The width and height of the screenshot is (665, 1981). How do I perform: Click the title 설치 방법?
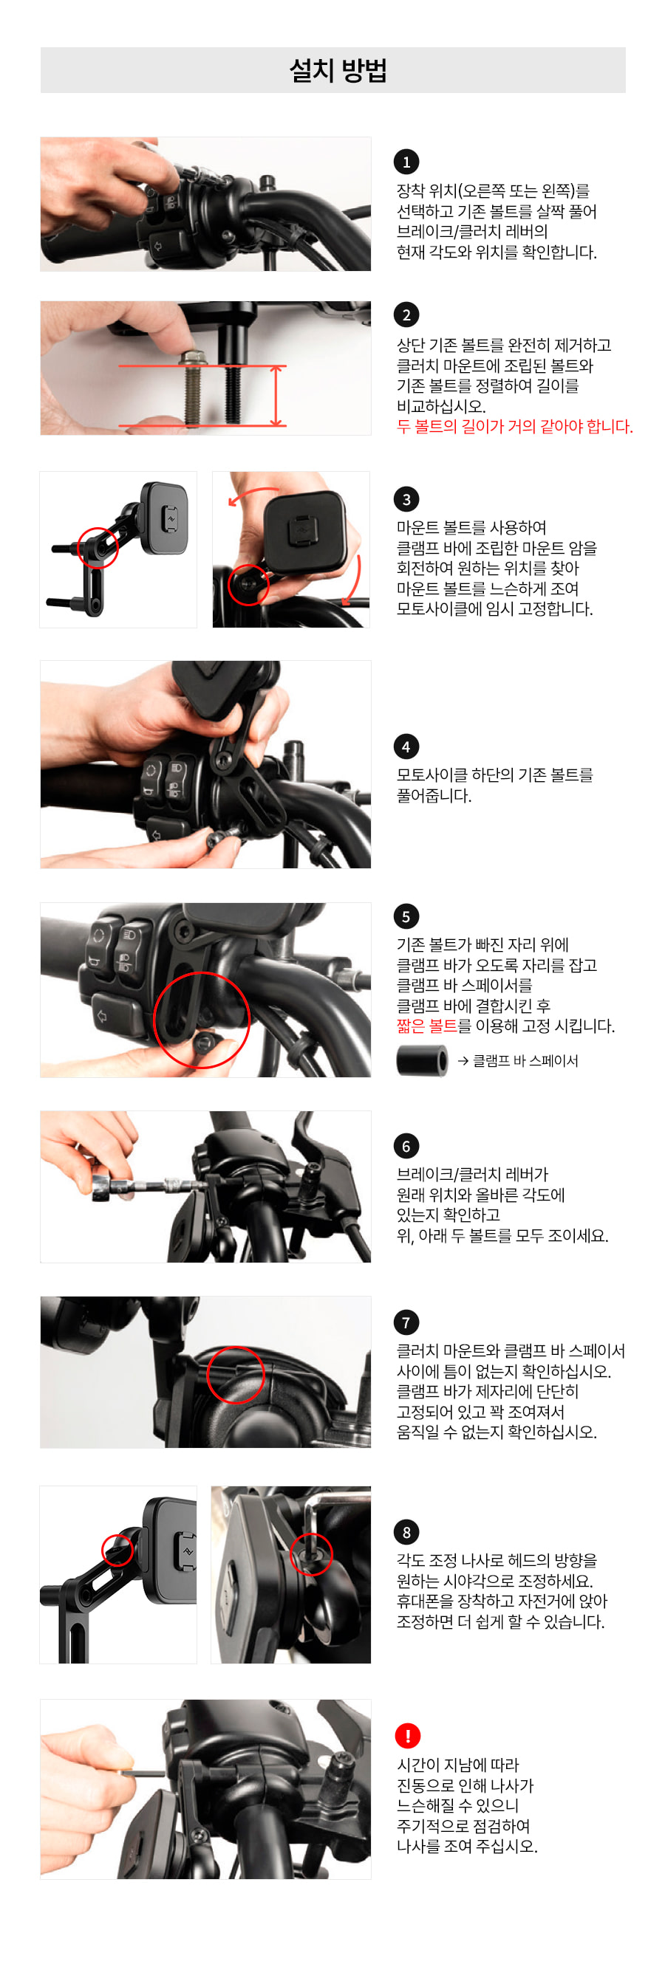coord(337,71)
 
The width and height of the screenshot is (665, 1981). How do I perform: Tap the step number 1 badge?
coord(406,162)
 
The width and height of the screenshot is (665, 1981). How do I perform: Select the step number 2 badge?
coord(406,315)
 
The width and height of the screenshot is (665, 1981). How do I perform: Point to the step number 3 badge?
coord(406,499)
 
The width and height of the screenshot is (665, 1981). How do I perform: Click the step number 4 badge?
coord(406,746)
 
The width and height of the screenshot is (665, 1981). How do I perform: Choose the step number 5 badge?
coord(406,916)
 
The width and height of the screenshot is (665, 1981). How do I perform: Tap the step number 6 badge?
coord(406,1146)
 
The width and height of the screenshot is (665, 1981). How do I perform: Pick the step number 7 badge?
coord(406,1322)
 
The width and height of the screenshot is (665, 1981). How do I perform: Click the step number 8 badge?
coord(406,1532)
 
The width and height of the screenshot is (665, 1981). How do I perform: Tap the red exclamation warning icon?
coord(407,1736)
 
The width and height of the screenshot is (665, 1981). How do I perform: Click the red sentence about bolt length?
coord(514,426)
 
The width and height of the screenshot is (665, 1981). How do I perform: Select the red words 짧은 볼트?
coord(426,1026)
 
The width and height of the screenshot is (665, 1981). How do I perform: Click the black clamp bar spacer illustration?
coord(422,1061)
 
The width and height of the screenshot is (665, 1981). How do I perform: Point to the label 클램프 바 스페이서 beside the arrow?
coord(525,1061)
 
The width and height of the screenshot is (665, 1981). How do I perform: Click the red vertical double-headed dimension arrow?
coord(277,395)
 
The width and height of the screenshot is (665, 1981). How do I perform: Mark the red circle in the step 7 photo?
coord(236,1374)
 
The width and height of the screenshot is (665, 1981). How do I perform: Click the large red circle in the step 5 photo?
coord(202,1020)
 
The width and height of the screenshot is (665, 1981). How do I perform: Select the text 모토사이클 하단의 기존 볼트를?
coord(495,775)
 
